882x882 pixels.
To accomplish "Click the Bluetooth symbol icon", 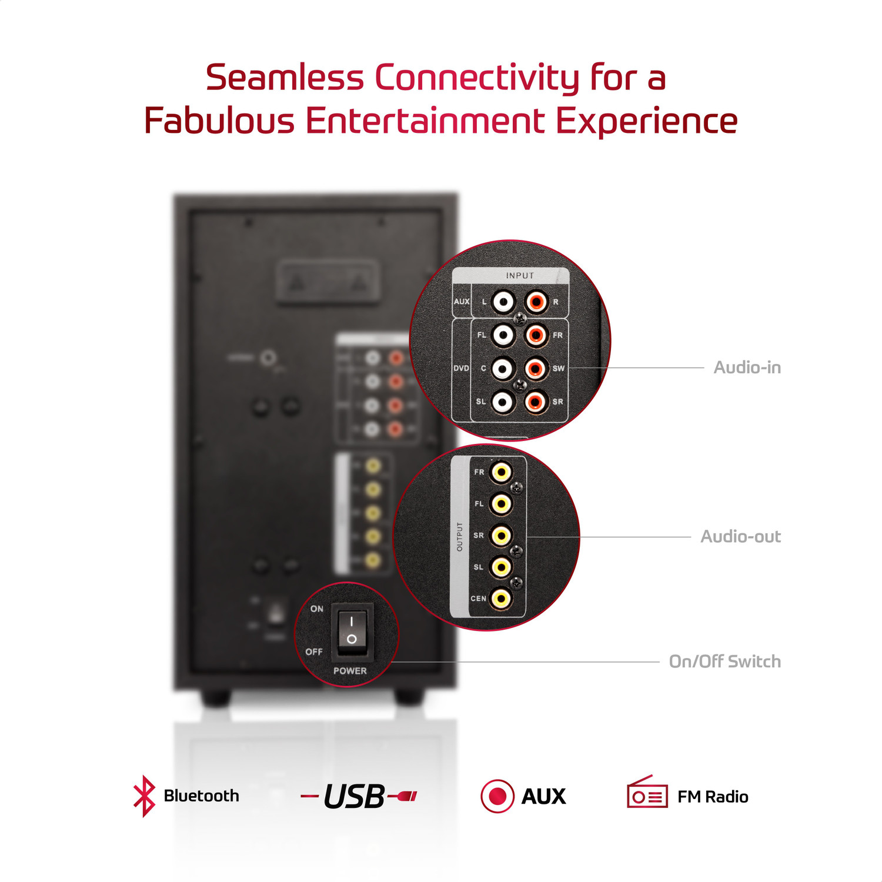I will point(144,796).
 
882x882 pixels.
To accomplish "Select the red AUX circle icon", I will point(497,796).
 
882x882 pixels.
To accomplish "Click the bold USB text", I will point(354,797).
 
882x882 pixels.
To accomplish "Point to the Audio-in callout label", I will point(747,367).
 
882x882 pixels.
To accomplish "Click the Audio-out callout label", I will point(740,536).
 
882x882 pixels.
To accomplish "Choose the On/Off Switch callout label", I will point(724,661).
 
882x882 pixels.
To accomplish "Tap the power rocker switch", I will point(352,630).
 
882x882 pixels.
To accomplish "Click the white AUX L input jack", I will point(503,302).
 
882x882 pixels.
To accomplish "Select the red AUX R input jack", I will point(536,302).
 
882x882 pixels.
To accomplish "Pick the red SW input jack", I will point(535,369).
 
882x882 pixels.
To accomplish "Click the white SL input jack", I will point(503,402).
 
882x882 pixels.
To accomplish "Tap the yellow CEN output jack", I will point(501,599).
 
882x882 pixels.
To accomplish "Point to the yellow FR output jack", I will point(502,472).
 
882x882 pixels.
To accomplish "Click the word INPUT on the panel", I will point(520,275).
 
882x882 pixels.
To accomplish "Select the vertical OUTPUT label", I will point(460,536).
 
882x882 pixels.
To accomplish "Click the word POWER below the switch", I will point(350,671).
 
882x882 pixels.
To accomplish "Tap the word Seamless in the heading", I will point(285,78).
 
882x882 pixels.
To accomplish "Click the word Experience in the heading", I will point(646,121).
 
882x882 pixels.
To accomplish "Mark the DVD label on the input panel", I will point(461,369).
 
